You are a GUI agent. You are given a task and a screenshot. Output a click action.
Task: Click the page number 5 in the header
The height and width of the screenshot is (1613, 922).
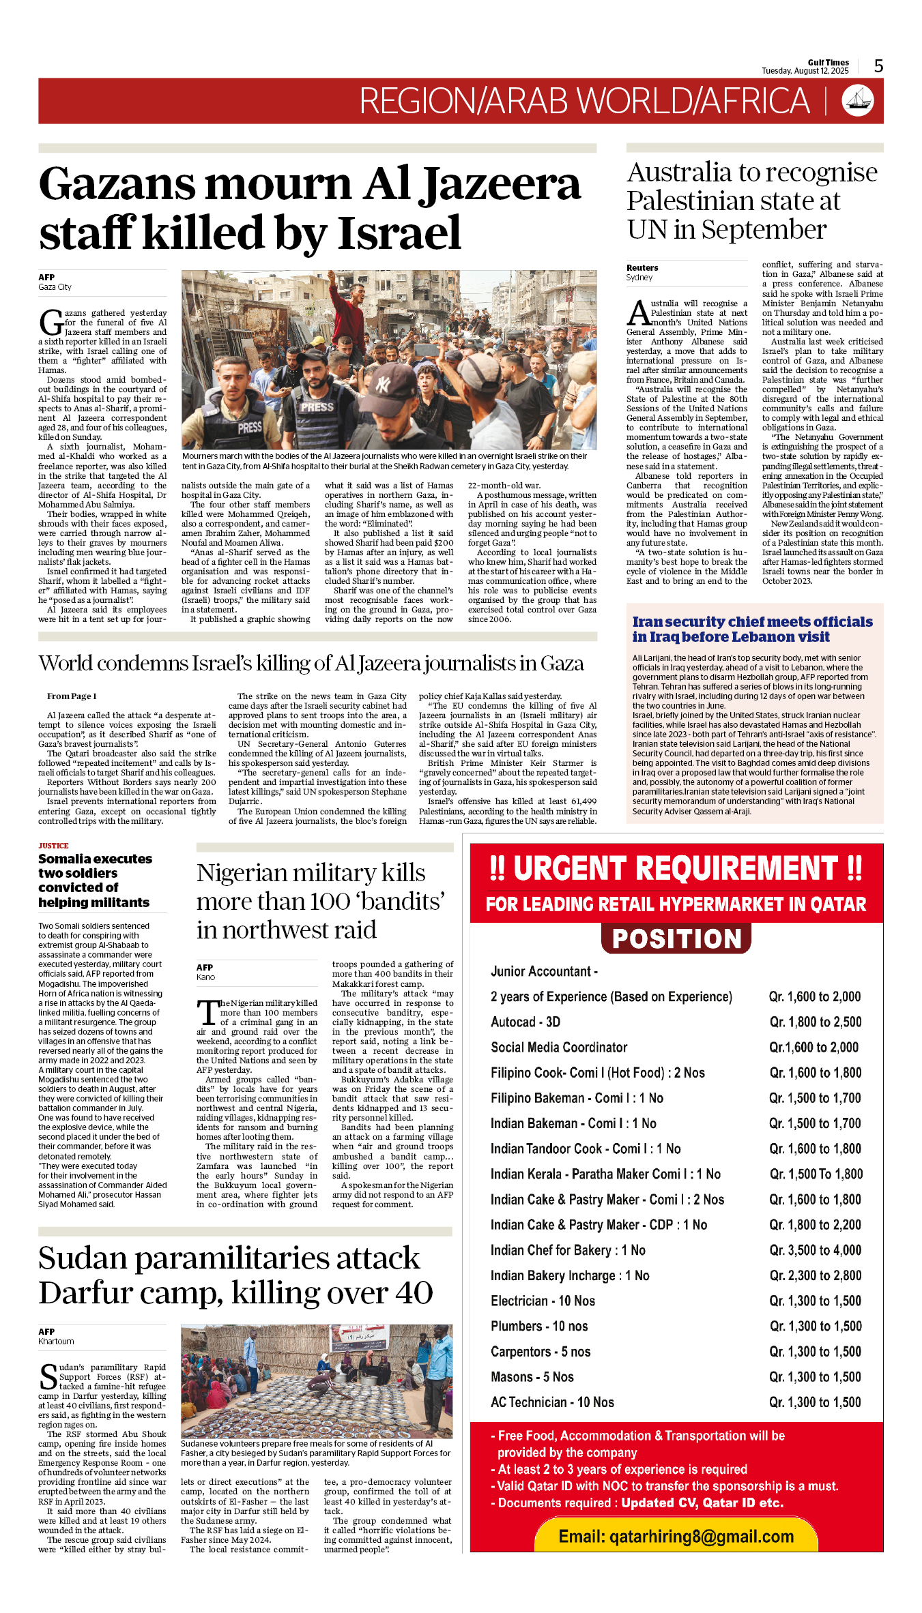878,66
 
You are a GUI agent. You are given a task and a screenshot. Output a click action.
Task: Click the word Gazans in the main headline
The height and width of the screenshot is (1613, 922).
118,185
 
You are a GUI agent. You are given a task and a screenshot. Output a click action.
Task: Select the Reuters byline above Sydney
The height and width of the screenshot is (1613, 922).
642,268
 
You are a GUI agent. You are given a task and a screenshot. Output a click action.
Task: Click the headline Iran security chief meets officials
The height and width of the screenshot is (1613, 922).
752,622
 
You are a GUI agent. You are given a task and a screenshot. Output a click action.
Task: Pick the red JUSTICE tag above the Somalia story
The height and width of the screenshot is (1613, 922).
53,846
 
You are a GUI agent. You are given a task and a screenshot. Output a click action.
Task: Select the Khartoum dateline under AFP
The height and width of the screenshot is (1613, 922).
56,1341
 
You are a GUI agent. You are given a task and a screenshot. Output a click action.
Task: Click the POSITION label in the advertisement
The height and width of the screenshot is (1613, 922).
676,938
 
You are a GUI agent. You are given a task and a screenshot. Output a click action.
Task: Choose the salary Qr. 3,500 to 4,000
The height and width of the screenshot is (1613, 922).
815,1250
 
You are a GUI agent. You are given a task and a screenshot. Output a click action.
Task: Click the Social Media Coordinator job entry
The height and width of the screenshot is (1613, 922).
559,1047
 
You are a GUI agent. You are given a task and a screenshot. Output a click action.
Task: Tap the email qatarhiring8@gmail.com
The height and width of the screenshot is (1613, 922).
676,1536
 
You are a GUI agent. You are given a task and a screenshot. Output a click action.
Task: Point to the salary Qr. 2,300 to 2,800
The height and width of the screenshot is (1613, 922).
815,1275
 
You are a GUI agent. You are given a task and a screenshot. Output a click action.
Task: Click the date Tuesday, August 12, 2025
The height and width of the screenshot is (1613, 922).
805,71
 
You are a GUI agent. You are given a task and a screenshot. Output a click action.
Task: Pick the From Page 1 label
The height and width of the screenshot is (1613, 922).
72,696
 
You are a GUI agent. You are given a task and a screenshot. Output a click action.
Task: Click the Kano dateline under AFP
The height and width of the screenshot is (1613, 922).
205,977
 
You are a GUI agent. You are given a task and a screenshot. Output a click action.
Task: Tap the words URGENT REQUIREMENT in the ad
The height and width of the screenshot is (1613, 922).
676,869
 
